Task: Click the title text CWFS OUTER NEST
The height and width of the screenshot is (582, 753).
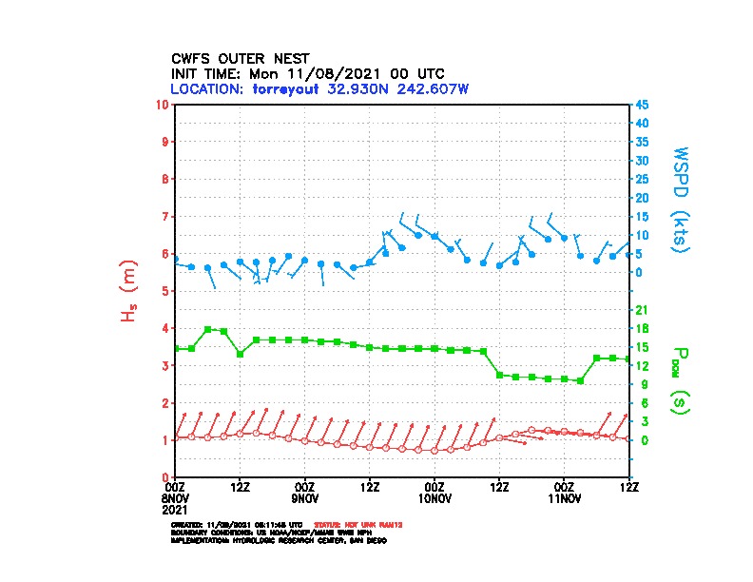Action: (x=240, y=58)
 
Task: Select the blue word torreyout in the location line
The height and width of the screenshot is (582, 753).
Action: (x=288, y=88)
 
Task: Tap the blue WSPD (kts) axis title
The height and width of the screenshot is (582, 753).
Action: (x=681, y=198)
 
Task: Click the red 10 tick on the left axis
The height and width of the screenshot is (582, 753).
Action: (x=164, y=104)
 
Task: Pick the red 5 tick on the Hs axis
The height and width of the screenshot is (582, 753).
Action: (x=167, y=291)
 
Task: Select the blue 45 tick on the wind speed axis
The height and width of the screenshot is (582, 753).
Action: (x=642, y=104)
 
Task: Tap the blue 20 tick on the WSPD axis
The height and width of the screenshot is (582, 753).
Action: (x=642, y=198)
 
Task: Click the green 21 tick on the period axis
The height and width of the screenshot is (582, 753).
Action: (x=642, y=310)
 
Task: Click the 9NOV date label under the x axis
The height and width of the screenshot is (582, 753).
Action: (x=304, y=497)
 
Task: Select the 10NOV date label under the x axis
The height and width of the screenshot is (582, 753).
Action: (x=434, y=497)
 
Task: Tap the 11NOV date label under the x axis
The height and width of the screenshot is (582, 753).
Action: (x=564, y=497)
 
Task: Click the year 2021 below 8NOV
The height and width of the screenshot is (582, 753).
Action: (x=187, y=509)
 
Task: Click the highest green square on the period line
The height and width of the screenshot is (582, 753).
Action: (x=207, y=329)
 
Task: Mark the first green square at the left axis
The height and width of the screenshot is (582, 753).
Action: (x=176, y=348)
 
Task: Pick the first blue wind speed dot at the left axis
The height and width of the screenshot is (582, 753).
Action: (x=176, y=259)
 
